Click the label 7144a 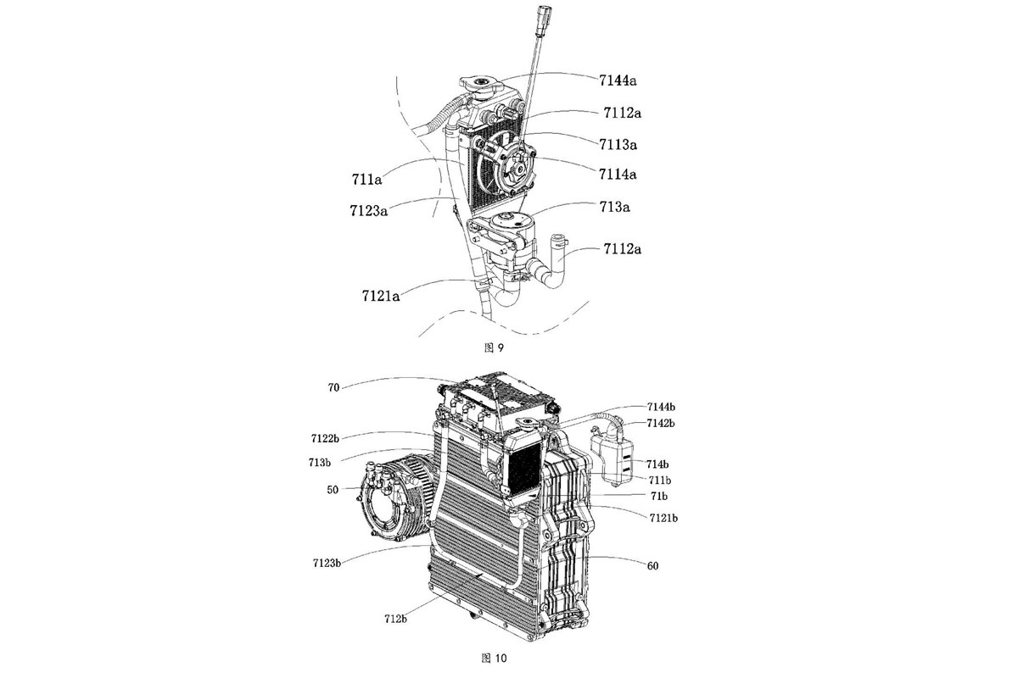[618, 81]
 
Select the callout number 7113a [618, 144]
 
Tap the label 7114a [618, 174]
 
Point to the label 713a [614, 207]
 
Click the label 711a [366, 180]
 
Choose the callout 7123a [368, 211]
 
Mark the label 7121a [381, 296]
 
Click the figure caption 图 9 [494, 347]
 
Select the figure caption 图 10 [494, 659]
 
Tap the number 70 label [333, 388]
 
